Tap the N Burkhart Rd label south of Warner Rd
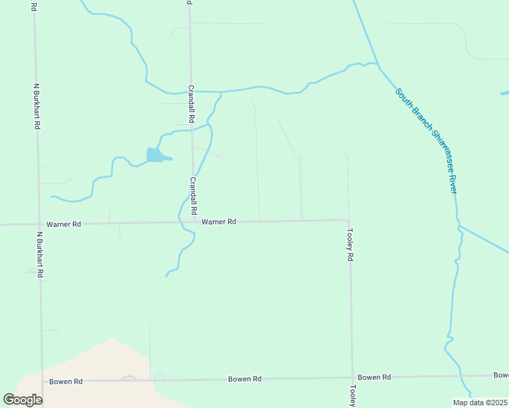[x=40, y=254]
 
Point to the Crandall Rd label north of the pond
[x=192, y=102]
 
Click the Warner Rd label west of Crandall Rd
[x=64, y=224]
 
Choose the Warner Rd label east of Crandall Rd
[x=218, y=222]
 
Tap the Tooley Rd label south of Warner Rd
[x=350, y=245]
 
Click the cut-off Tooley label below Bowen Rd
[x=352, y=396]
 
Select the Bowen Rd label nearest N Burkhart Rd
[x=65, y=381]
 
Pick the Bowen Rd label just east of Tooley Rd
[x=374, y=377]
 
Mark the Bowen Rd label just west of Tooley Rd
[x=245, y=379]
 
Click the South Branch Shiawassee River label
[x=425, y=141]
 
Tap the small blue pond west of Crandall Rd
[x=156, y=156]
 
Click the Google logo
[x=22, y=400]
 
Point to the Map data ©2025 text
[x=480, y=403]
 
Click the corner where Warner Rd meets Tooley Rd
[x=348, y=220]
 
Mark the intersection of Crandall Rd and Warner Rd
[x=194, y=222]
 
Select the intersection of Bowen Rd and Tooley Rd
[x=352, y=377]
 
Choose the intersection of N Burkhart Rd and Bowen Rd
[x=42, y=381]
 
